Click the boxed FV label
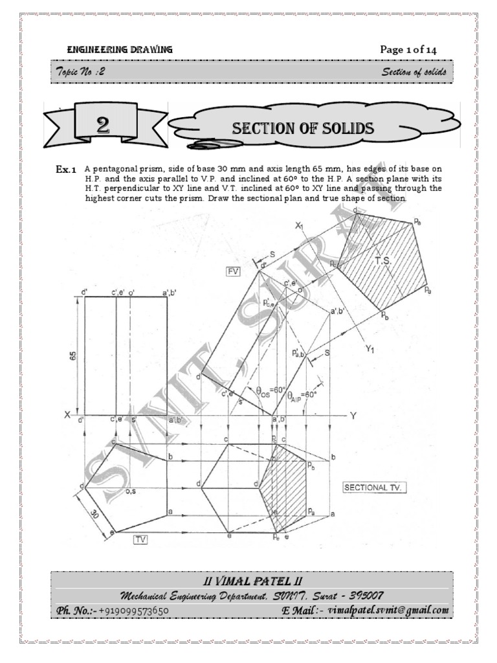click(233, 271)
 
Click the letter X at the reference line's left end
click(67, 415)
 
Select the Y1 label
click(371, 350)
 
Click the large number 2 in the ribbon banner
click(103, 127)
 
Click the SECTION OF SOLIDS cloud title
click(303, 128)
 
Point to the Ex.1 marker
click(67, 170)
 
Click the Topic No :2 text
click(81, 72)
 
